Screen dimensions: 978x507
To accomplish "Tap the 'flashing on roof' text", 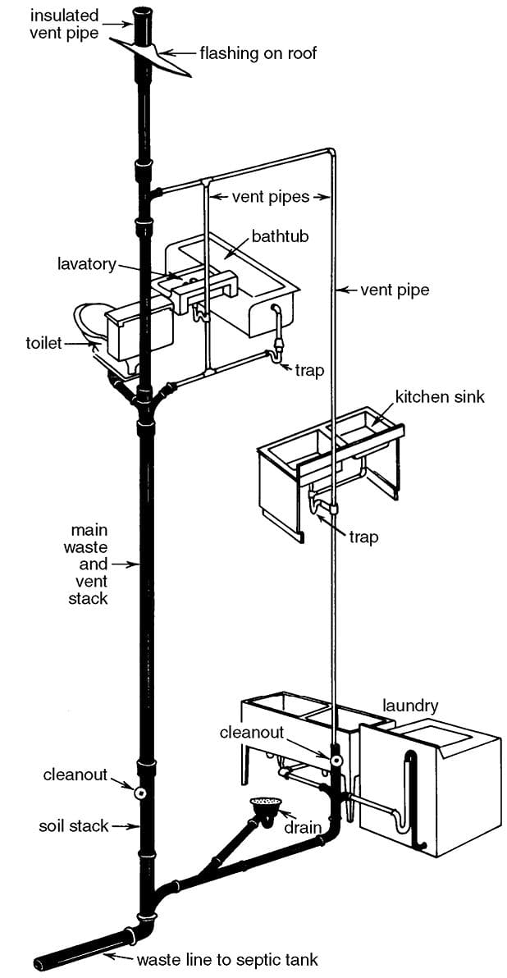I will tap(258, 54).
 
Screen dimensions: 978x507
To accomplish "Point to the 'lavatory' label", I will tap(87, 264).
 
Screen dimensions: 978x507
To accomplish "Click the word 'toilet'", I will tap(43, 342).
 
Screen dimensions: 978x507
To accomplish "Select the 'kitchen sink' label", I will tap(440, 397).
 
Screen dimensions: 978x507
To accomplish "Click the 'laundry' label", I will tap(410, 706).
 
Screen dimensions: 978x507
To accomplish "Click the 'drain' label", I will tap(302, 826).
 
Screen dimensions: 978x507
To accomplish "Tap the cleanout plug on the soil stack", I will tap(140, 793).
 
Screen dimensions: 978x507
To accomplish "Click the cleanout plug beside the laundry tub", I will tap(336, 761).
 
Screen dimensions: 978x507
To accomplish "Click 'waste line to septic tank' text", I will tap(226, 959).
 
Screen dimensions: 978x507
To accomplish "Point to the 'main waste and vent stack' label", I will tap(89, 564).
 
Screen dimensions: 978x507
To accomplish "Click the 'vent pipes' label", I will tap(269, 197).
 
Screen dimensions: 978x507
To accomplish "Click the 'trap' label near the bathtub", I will tap(309, 370).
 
